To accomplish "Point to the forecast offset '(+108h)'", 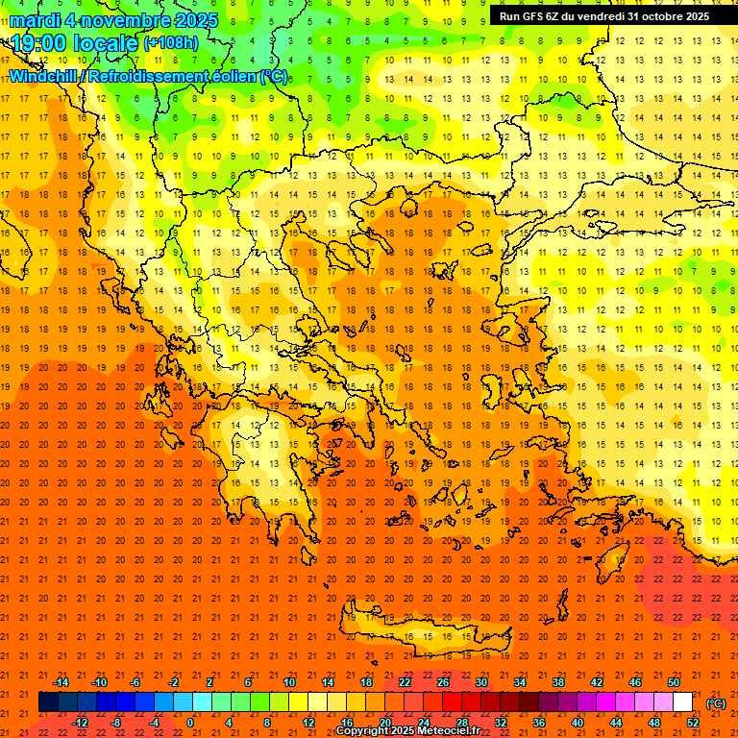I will click(x=171, y=43).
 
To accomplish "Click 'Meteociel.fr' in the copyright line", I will click(x=445, y=731).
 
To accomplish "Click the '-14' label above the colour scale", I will click(x=61, y=682).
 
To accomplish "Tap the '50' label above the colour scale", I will click(x=674, y=682).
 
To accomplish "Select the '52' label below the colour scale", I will click(x=693, y=722).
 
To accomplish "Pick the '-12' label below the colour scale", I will click(x=81, y=722).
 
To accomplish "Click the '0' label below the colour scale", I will click(x=190, y=722).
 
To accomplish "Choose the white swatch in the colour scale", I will click(x=682, y=702).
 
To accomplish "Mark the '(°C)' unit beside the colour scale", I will click(x=716, y=702).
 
